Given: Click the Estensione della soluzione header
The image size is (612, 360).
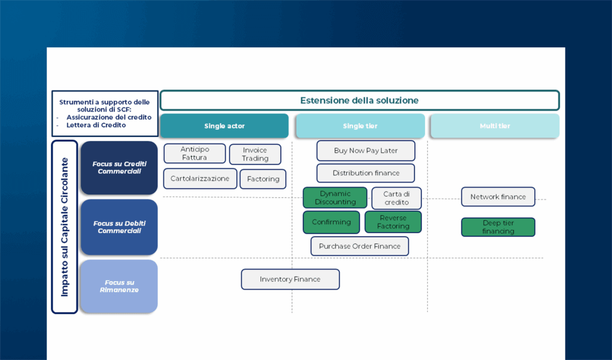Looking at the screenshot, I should tap(359, 100).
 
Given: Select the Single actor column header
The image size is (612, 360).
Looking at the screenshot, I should tap(224, 126).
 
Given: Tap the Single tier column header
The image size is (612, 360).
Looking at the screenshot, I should tap(360, 126).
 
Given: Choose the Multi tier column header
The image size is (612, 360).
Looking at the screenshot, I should tap(494, 126).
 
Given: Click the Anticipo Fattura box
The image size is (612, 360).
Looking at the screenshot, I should tap(195, 154).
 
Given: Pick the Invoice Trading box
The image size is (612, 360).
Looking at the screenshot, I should tap(255, 154).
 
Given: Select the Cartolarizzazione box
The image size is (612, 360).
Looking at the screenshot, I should tap(200, 179).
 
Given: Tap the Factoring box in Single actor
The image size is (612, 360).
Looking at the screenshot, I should tap(263, 179).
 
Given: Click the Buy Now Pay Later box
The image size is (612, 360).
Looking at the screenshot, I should tap(366, 151).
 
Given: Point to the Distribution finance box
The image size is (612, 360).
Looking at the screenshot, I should tap(366, 173).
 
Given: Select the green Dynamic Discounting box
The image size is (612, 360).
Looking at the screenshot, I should tap(335, 198).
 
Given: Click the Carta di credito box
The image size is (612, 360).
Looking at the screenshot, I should tap(396, 198).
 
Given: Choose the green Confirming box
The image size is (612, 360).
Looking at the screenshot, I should tap(331, 222).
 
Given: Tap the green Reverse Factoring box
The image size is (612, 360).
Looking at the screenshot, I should tap(393, 222).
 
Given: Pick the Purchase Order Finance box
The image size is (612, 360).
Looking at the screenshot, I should tap(360, 246).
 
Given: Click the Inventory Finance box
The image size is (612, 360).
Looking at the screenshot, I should tap(290, 279).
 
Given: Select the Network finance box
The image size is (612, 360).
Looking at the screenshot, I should tap(498, 197).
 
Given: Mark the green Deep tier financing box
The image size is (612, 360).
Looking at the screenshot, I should tap(498, 227).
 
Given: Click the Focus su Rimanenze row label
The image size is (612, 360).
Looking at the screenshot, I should tap(118, 286).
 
